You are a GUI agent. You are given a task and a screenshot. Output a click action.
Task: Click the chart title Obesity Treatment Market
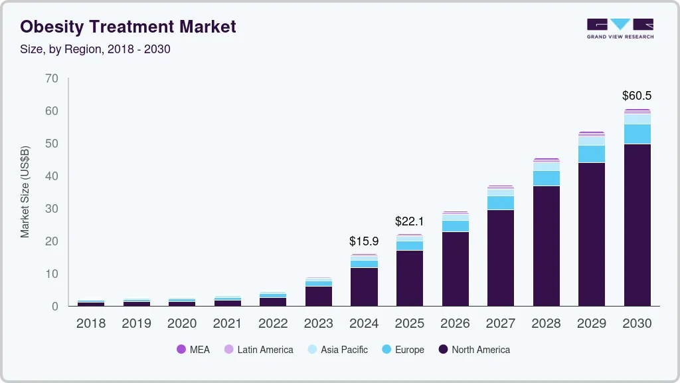click(x=128, y=27)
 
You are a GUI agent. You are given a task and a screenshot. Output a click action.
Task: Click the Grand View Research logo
click(x=620, y=29)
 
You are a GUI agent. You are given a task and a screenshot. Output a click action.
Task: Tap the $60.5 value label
click(x=637, y=96)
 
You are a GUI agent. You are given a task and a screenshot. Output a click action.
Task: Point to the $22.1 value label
click(x=409, y=221)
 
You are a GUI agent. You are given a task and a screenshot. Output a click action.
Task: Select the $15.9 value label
click(x=364, y=241)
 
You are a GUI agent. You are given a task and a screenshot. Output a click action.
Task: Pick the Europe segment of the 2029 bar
click(x=592, y=154)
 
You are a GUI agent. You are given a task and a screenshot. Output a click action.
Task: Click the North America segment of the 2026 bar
click(x=455, y=269)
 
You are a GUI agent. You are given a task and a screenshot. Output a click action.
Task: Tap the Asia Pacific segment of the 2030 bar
click(x=637, y=119)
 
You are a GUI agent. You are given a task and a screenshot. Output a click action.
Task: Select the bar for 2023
click(x=319, y=293)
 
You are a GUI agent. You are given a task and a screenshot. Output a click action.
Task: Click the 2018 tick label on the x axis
click(x=91, y=324)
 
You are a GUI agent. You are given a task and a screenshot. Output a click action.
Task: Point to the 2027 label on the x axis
click(x=501, y=324)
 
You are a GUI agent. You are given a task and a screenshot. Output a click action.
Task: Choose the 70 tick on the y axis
click(x=52, y=78)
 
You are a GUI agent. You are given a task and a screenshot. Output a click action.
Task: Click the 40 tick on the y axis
click(x=52, y=176)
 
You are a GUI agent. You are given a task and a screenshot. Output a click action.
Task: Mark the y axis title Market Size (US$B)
click(x=25, y=192)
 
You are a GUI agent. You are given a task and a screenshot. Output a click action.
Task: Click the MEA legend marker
click(x=181, y=349)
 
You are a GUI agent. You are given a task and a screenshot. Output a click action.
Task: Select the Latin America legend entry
click(x=258, y=349)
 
